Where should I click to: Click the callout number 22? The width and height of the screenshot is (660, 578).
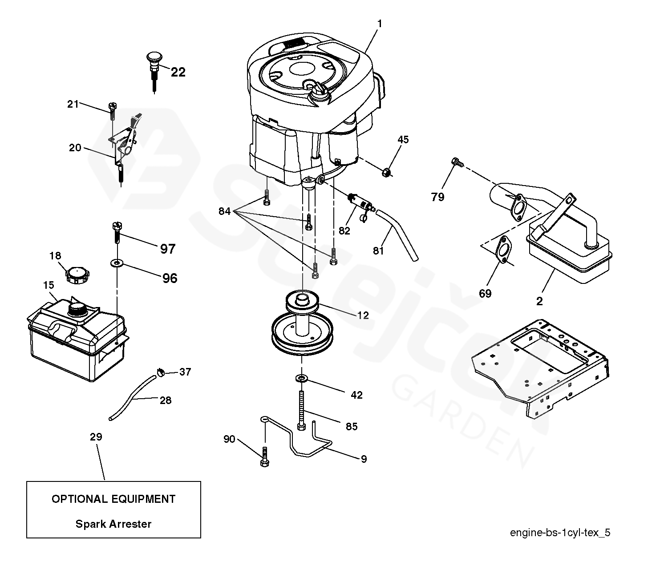coord(178,72)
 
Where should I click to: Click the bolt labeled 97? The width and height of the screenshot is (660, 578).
coord(117,232)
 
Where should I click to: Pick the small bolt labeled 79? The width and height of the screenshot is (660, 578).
coord(455,162)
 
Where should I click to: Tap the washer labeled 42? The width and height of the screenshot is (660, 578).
coord(302,378)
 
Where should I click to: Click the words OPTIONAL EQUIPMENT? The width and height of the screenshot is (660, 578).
coord(113,499)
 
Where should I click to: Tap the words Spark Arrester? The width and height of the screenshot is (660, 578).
coord(113,524)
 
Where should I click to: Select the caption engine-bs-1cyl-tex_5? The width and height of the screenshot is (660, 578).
coord(560,533)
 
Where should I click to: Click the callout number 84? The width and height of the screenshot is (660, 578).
coord(225,211)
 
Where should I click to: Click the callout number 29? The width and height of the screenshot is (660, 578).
coord(96,437)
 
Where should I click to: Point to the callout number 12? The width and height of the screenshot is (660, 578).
coord(363,315)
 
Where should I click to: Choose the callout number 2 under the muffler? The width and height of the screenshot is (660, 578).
coord(539,301)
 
